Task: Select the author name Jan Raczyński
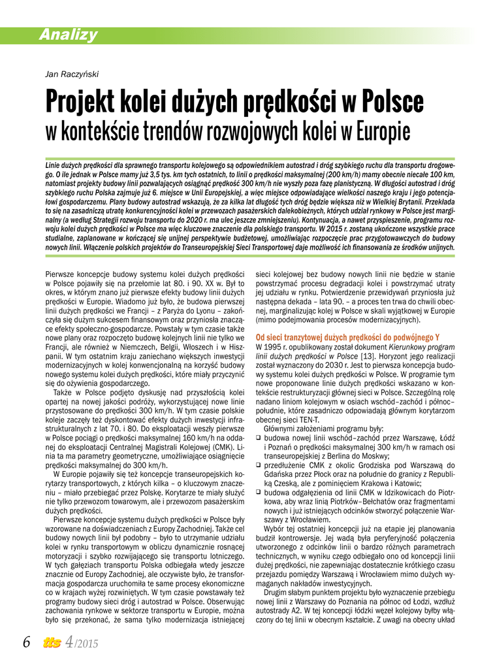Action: [71, 74]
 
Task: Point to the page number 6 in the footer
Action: [27, 643]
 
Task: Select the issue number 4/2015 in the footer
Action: [80, 644]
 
